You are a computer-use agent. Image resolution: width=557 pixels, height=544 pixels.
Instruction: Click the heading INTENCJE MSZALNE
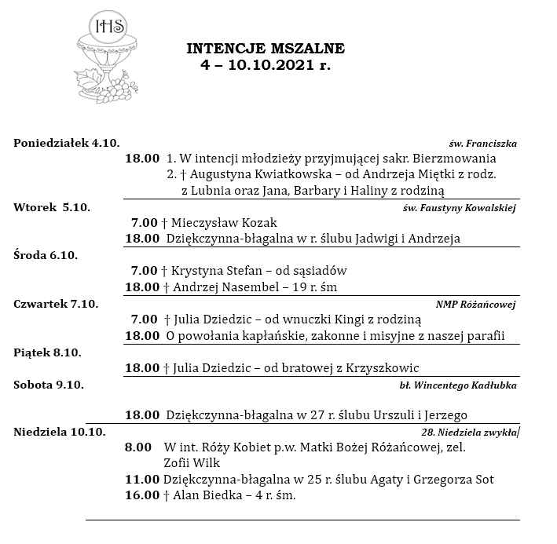266,49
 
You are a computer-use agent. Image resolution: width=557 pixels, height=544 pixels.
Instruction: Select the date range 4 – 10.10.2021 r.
266,66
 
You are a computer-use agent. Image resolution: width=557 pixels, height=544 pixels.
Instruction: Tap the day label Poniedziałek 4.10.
67,142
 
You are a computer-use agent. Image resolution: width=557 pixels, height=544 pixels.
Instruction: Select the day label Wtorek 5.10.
52,207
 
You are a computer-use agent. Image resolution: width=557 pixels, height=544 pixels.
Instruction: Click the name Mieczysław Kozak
224,223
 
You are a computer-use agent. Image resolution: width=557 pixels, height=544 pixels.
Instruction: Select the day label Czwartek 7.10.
56,304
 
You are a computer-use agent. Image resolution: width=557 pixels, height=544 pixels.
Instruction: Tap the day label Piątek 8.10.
47,352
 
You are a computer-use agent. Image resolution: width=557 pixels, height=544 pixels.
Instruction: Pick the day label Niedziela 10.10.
60,432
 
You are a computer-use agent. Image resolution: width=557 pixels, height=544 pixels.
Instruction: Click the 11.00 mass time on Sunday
141,480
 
